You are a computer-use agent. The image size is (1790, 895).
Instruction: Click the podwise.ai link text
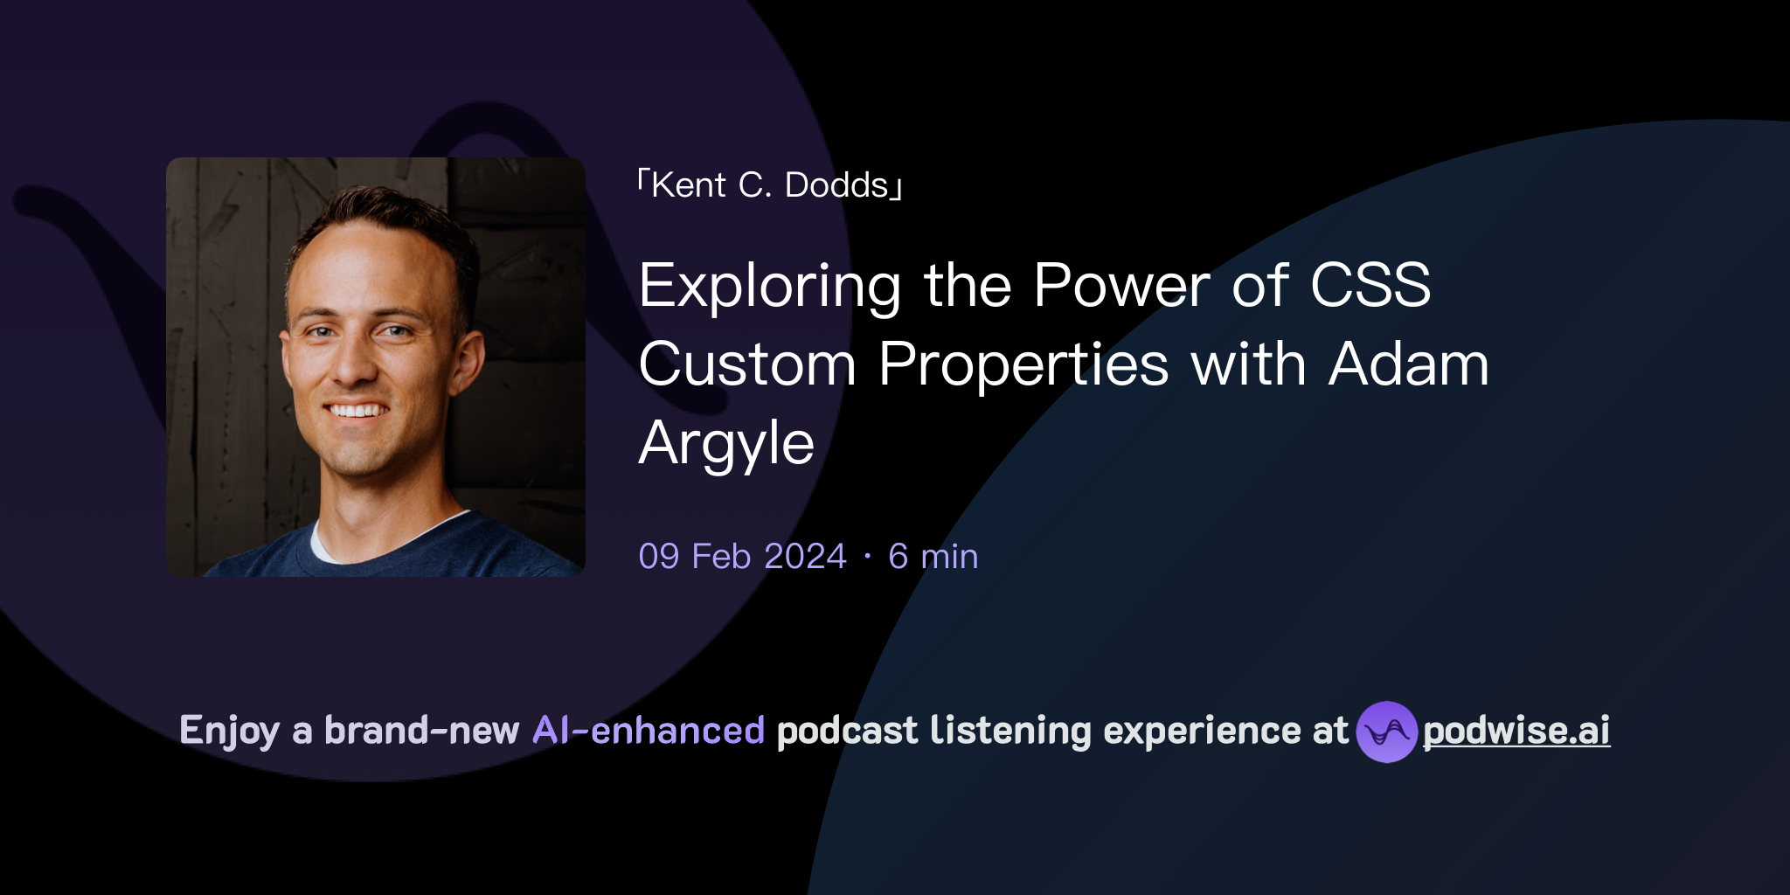[1516, 731]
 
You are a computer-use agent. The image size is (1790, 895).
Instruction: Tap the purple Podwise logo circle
[1386, 732]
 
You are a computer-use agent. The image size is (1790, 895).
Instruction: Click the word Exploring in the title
[769, 287]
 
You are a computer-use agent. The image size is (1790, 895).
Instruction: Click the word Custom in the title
[747, 364]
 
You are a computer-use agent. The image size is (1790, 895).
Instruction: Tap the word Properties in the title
[1023, 364]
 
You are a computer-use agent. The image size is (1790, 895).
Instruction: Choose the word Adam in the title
[1408, 364]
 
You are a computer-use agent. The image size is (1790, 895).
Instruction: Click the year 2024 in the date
[805, 557]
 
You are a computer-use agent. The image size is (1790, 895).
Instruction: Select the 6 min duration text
[933, 557]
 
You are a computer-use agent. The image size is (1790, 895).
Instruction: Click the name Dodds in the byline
[836, 185]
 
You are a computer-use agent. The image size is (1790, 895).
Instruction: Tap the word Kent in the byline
[689, 185]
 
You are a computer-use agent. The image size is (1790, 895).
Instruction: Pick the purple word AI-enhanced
[649, 731]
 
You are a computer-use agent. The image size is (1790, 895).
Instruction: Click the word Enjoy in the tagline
[229, 731]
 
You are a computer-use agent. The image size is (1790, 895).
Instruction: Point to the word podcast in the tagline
[847, 731]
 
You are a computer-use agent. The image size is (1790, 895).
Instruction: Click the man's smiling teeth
[356, 410]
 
